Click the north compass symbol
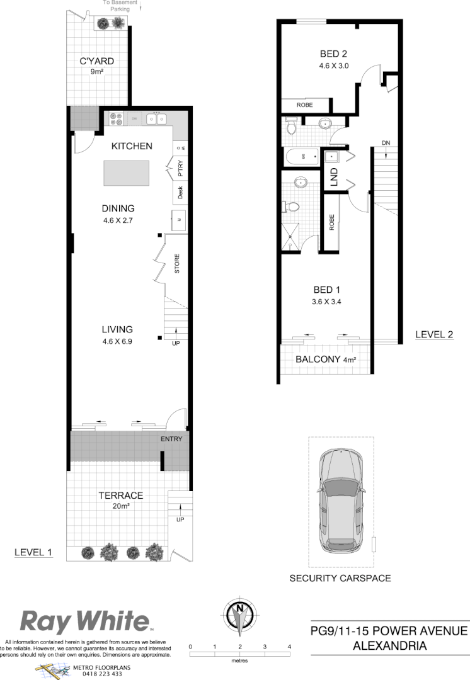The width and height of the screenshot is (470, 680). coord(239,614)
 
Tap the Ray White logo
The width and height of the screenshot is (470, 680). coord(86,621)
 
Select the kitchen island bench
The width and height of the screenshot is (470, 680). coord(127,173)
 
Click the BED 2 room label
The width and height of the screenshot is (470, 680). coord(333,54)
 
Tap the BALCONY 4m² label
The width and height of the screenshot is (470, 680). coord(326,360)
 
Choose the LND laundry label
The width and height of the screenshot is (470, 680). coord(335,177)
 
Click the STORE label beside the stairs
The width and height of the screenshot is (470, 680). coord(177,264)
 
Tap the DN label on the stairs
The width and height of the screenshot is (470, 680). coord(386,144)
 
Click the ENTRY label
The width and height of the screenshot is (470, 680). coord(171,439)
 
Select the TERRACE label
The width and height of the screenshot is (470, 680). coord(120,496)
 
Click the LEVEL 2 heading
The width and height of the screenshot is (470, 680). coord(434,335)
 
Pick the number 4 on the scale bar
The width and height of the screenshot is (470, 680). coord(289,647)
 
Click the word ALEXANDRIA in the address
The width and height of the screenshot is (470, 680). coord(389,645)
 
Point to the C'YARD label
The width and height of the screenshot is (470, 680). coord(96,61)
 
